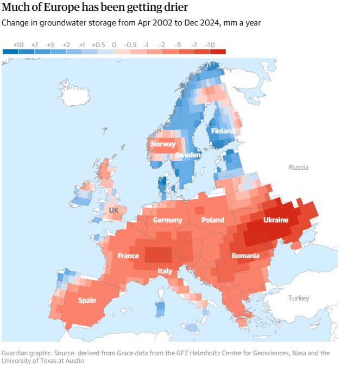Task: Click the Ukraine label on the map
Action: point(275,220)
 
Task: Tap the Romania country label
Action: point(245,256)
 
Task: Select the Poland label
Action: point(212,220)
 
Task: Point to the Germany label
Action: point(167,220)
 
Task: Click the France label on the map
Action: point(128,256)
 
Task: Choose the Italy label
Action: point(165,271)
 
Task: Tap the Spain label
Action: point(87,300)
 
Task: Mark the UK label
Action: point(113,209)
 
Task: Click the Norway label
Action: point(163,144)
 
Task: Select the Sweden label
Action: point(188,155)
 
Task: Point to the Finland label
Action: point(223,131)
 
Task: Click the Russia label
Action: point(298,168)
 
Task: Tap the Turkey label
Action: point(298,298)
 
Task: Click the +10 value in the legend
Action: point(18,44)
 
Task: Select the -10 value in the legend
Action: point(210,44)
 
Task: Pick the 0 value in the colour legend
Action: point(114,44)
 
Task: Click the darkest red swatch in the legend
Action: point(217,52)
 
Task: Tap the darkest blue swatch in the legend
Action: point(10,52)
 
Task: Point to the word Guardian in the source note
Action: point(16,353)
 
